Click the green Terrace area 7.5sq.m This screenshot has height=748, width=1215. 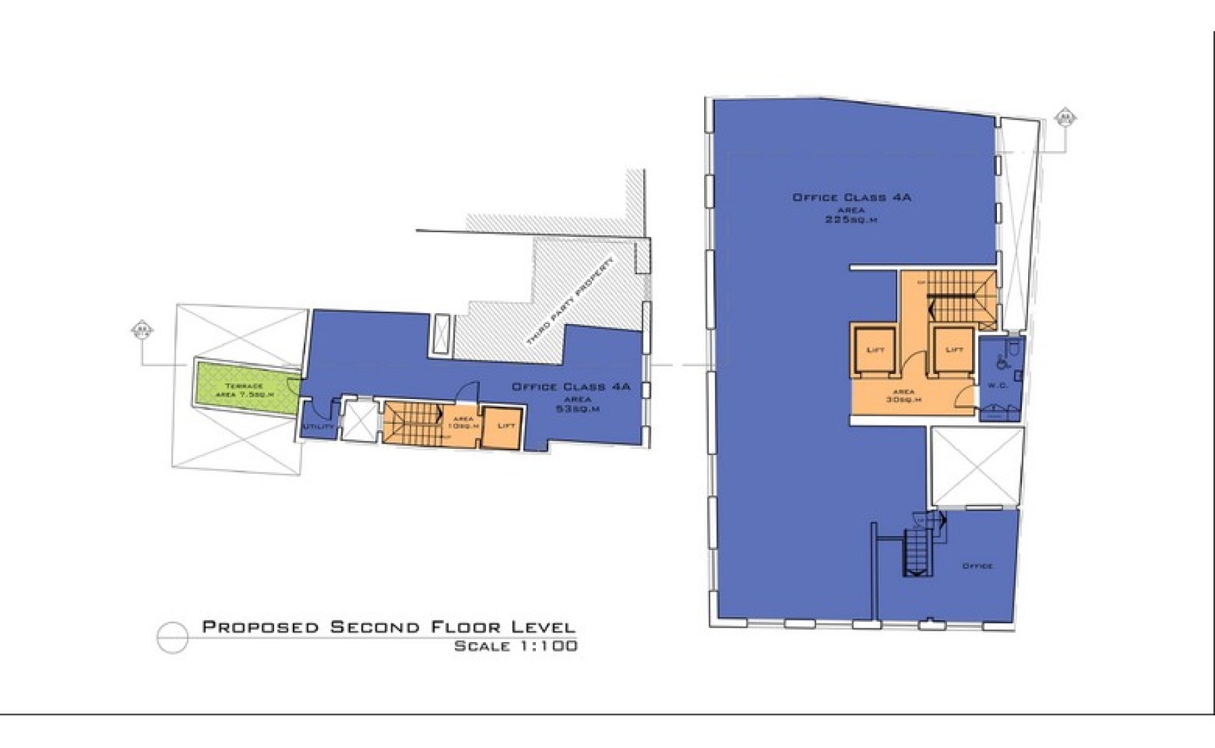pos(244,389)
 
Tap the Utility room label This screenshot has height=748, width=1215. pos(318,427)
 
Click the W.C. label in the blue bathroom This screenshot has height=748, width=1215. pos(997,386)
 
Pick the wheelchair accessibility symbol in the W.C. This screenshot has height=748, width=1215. pos(1000,361)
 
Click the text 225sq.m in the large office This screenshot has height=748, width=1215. pos(851,220)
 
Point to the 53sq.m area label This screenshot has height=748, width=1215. pos(577,409)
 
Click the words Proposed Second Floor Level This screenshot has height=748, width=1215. pos(388,627)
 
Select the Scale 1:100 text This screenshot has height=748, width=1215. pos(515,646)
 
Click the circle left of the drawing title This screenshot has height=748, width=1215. pos(172,637)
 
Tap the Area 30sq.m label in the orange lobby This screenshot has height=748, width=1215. pos(903,396)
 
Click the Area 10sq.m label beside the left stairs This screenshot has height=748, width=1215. pos(463,422)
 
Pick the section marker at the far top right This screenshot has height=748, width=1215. pos(1065,118)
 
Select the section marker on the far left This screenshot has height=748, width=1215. pos(142,330)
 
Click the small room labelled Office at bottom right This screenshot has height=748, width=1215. pos(978,566)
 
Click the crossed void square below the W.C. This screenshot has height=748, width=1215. pos(976,467)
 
